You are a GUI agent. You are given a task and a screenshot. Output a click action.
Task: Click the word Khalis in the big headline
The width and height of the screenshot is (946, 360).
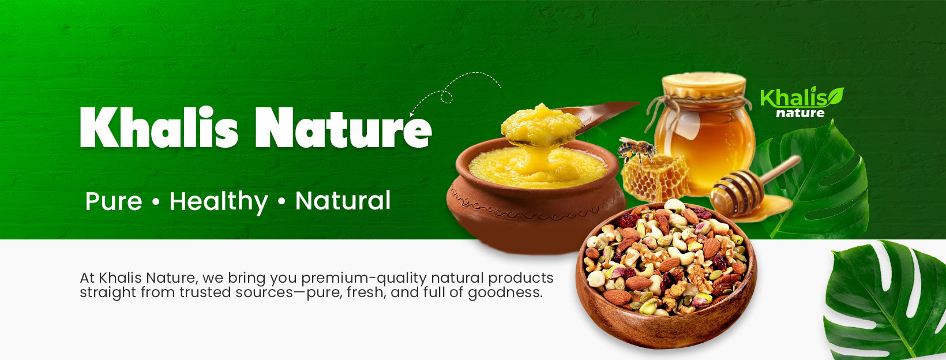(159, 127)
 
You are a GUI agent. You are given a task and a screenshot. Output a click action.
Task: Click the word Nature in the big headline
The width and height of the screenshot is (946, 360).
(343, 127)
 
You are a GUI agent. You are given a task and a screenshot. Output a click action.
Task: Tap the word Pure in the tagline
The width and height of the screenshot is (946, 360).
(114, 201)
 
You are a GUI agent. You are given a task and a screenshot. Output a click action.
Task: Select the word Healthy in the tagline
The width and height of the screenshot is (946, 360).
(219, 202)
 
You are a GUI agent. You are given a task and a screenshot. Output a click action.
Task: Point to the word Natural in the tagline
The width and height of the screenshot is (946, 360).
(343, 201)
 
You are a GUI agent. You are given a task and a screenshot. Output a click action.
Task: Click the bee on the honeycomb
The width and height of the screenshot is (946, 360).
(636, 149)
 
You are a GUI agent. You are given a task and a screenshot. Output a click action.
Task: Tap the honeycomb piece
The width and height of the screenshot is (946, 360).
(655, 178)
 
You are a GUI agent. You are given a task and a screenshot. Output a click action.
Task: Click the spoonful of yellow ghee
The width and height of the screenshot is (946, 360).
(542, 125)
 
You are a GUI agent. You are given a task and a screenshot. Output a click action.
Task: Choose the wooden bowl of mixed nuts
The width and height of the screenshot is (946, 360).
(666, 275)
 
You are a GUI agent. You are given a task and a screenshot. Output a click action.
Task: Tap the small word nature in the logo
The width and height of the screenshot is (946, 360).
(800, 113)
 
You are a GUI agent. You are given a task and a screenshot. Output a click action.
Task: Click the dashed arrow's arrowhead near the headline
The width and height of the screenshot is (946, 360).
(412, 114)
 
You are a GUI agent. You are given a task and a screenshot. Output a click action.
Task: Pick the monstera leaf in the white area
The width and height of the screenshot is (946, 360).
(885, 301)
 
